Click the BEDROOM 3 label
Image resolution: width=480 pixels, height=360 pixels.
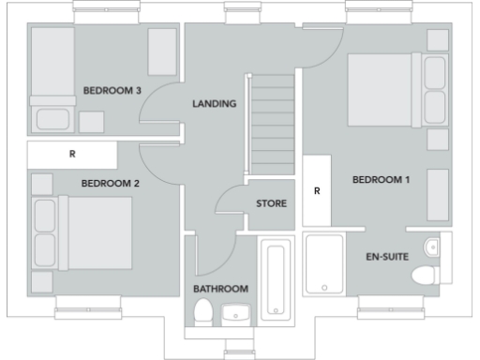point(112,91)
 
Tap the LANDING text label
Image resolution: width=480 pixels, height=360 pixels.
point(214,104)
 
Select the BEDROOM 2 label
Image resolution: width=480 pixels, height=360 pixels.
point(110,183)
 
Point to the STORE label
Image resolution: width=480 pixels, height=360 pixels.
point(272,203)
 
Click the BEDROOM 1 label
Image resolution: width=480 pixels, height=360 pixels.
point(381,179)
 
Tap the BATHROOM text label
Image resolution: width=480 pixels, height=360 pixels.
point(220,288)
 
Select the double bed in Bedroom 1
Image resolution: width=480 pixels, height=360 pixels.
point(385,89)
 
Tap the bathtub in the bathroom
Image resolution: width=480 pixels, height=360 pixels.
point(277,279)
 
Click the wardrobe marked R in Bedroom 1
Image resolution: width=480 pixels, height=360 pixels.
point(317,191)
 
